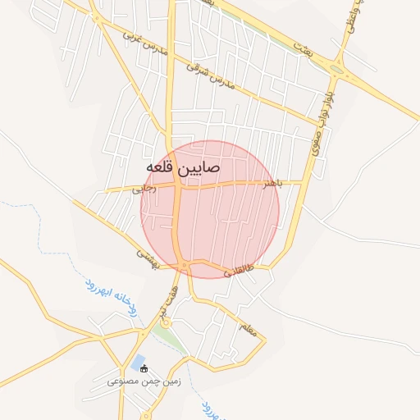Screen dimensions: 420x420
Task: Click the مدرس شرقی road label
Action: [210, 75]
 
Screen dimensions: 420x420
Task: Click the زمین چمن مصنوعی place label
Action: [141, 382]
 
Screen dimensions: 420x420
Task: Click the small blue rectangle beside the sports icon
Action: [137, 362]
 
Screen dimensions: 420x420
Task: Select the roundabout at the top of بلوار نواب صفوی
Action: [335, 67]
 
